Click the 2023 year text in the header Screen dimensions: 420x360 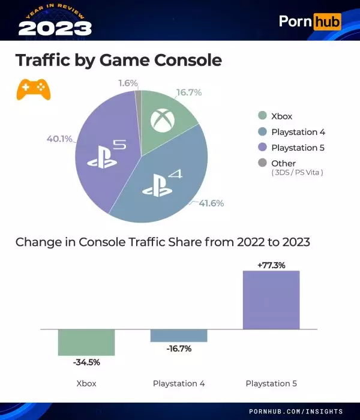[55, 28]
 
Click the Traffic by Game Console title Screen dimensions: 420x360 [118, 61]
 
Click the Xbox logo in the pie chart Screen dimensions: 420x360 [162, 120]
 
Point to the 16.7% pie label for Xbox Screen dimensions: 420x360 [188, 92]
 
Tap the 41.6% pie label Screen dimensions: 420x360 [211, 203]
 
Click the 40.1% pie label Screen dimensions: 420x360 [59, 139]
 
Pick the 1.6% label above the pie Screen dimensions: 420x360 [128, 83]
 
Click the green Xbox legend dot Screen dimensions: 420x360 [262, 116]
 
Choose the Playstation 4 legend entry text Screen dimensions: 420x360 [298, 132]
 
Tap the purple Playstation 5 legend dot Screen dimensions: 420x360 [262, 148]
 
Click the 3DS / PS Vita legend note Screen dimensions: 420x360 [297, 173]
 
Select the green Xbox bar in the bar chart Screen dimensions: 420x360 [86, 342]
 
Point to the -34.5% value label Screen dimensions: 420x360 [86, 362]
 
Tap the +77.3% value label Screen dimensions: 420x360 [271, 264]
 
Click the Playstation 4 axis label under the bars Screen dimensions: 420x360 [179, 383]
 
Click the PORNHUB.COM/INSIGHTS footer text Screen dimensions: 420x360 [296, 412]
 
